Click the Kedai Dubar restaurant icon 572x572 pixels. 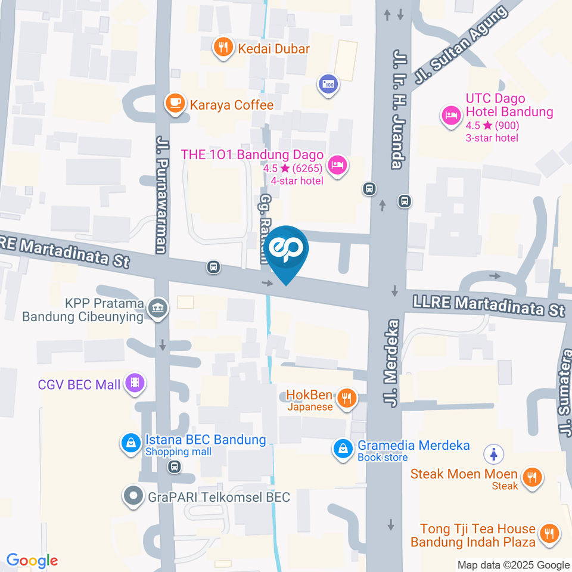[x=223, y=48]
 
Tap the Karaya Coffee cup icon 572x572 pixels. [x=175, y=104]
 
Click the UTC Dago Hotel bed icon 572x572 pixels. [x=450, y=115]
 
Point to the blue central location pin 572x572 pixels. [x=287, y=253]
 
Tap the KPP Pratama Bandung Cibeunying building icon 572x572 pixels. [x=159, y=309]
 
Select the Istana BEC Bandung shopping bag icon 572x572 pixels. [x=129, y=444]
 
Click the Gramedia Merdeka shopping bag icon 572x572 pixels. [x=343, y=449]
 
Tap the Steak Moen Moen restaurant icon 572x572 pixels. [x=530, y=477]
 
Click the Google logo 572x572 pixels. [x=32, y=560]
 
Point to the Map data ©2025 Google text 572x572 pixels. [x=514, y=565]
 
